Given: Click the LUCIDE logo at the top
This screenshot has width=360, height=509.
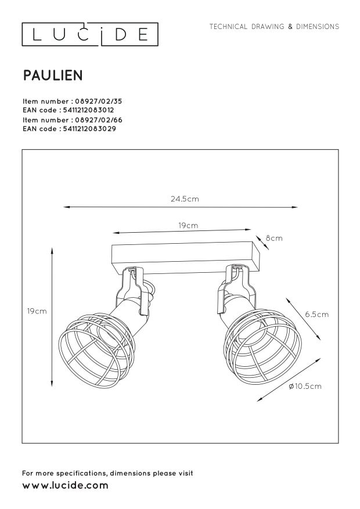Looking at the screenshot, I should click(89, 35).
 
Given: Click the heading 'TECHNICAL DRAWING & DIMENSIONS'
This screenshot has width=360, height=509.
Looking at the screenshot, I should click(274, 27).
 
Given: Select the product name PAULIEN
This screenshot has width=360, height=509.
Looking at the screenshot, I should click(52, 75).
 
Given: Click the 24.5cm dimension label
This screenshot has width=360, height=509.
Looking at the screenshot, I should click(185, 198).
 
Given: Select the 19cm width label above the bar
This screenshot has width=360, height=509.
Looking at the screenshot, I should click(188, 225).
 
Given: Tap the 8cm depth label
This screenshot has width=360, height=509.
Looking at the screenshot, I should click(274, 238).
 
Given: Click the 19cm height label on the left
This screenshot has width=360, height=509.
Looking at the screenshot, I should click(37, 311).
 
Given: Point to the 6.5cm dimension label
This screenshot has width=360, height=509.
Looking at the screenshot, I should click(316, 314).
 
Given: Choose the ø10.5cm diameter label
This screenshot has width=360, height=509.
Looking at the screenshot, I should click(305, 386).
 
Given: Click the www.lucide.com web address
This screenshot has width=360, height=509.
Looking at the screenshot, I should click(65, 485).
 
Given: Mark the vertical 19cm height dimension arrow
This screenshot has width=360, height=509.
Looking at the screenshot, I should click(53, 316).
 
